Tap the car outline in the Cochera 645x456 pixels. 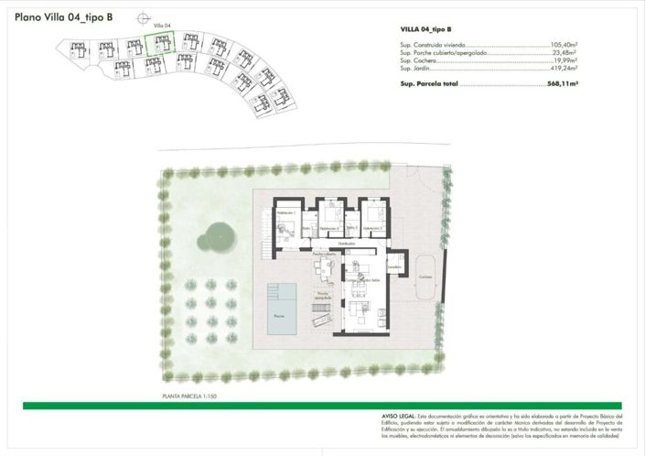coord(425,286)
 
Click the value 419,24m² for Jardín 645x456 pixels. coord(566,69)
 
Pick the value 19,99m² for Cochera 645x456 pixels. coord(568,60)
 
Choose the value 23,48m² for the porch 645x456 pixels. coord(568,53)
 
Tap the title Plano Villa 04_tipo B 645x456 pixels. coord(64,16)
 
